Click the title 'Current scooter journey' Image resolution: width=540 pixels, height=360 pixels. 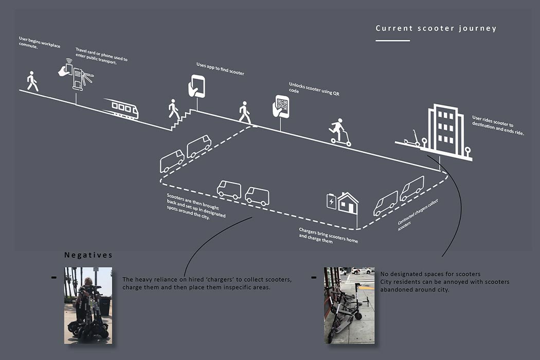(436, 28)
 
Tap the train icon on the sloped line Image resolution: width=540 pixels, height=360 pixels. (121, 109)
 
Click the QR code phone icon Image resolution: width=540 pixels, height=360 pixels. (281, 106)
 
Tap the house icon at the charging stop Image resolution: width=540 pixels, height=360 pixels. (348, 203)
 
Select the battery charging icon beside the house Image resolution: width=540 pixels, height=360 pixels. (331, 202)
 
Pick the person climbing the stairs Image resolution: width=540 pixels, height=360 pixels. (174, 110)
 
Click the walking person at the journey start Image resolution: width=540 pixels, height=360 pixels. (32, 81)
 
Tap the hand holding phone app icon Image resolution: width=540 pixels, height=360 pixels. (196, 86)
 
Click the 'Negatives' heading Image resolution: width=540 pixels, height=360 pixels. (88, 255)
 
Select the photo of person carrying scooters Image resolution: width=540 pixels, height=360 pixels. (88, 305)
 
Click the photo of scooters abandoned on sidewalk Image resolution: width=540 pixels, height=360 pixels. (349, 305)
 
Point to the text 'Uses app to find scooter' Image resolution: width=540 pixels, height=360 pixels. (220, 69)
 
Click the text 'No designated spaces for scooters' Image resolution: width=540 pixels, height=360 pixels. (430, 274)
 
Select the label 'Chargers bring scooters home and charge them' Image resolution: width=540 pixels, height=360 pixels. (328, 235)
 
